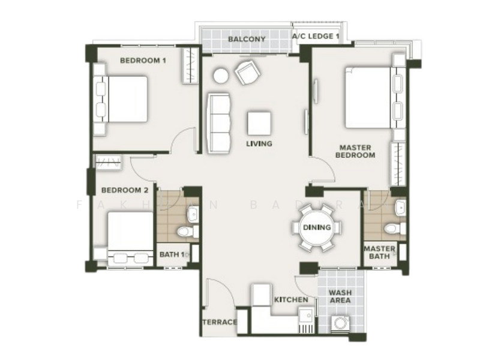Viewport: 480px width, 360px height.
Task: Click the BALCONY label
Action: pos(247,40)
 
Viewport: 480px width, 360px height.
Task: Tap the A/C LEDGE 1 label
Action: pos(316,37)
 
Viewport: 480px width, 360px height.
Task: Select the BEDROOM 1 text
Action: pos(143,60)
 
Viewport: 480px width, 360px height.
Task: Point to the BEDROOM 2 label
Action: pos(124,190)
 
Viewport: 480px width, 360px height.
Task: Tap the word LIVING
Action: pos(259,143)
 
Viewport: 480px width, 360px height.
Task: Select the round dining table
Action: pos(317,227)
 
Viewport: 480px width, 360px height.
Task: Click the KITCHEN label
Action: pos(291,299)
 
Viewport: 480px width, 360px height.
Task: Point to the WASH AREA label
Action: pos(341,297)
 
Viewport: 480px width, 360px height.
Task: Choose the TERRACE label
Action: pos(219,322)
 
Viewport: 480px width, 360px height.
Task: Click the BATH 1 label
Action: pos(172,254)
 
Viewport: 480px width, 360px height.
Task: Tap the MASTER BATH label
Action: pos(379,253)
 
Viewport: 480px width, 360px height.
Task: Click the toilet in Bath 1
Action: pos(184,231)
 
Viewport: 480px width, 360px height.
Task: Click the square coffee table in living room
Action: pos(259,123)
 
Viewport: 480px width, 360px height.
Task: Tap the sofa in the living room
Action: pos(220,123)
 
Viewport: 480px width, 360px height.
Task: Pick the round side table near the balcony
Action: pos(221,76)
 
